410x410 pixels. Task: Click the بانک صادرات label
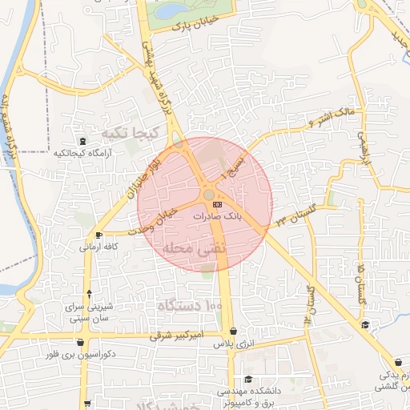[239, 216]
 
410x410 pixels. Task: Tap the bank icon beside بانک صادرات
[217, 206]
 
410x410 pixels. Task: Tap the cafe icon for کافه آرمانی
[98, 235]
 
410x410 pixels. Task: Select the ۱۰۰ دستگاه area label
[187, 306]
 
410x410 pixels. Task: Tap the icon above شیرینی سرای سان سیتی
[88, 294]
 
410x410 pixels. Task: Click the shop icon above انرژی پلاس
[232, 331]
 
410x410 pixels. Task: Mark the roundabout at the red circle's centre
[207, 195]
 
